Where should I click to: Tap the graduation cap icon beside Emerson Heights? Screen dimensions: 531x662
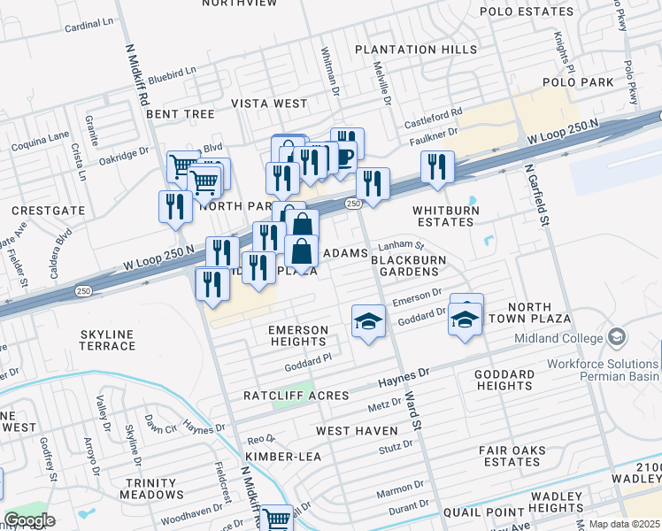[369, 321]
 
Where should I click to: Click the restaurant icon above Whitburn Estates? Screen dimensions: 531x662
[437, 166]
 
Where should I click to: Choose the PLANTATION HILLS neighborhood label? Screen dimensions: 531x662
[415, 50]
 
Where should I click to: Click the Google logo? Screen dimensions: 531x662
[29, 520]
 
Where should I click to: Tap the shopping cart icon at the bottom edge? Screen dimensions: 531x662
[276, 519]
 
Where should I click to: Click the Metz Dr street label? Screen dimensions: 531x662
[384, 406]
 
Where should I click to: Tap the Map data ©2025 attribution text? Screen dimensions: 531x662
[624, 524]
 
